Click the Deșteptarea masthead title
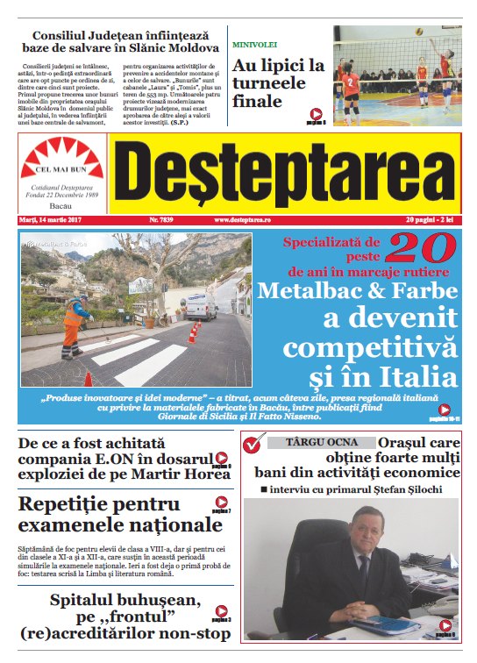pyautogui.click(x=286, y=174)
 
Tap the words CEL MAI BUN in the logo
pyautogui.click(x=61, y=173)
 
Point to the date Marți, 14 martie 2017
pyautogui.click(x=50, y=219)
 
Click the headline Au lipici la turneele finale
pyautogui.click(x=278, y=83)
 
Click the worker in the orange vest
pyautogui.click(x=75, y=322)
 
